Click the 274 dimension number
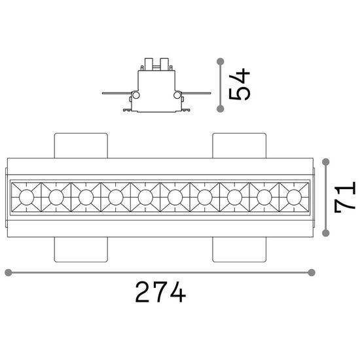(160, 292)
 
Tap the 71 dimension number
(345, 197)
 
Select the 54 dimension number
(240, 84)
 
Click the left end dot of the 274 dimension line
(9, 272)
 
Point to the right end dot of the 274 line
(312, 272)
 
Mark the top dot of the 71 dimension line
(326, 162)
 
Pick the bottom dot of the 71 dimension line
(326, 233)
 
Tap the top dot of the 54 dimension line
(221, 62)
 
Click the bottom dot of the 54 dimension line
(221, 109)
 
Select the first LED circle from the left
(26, 197)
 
